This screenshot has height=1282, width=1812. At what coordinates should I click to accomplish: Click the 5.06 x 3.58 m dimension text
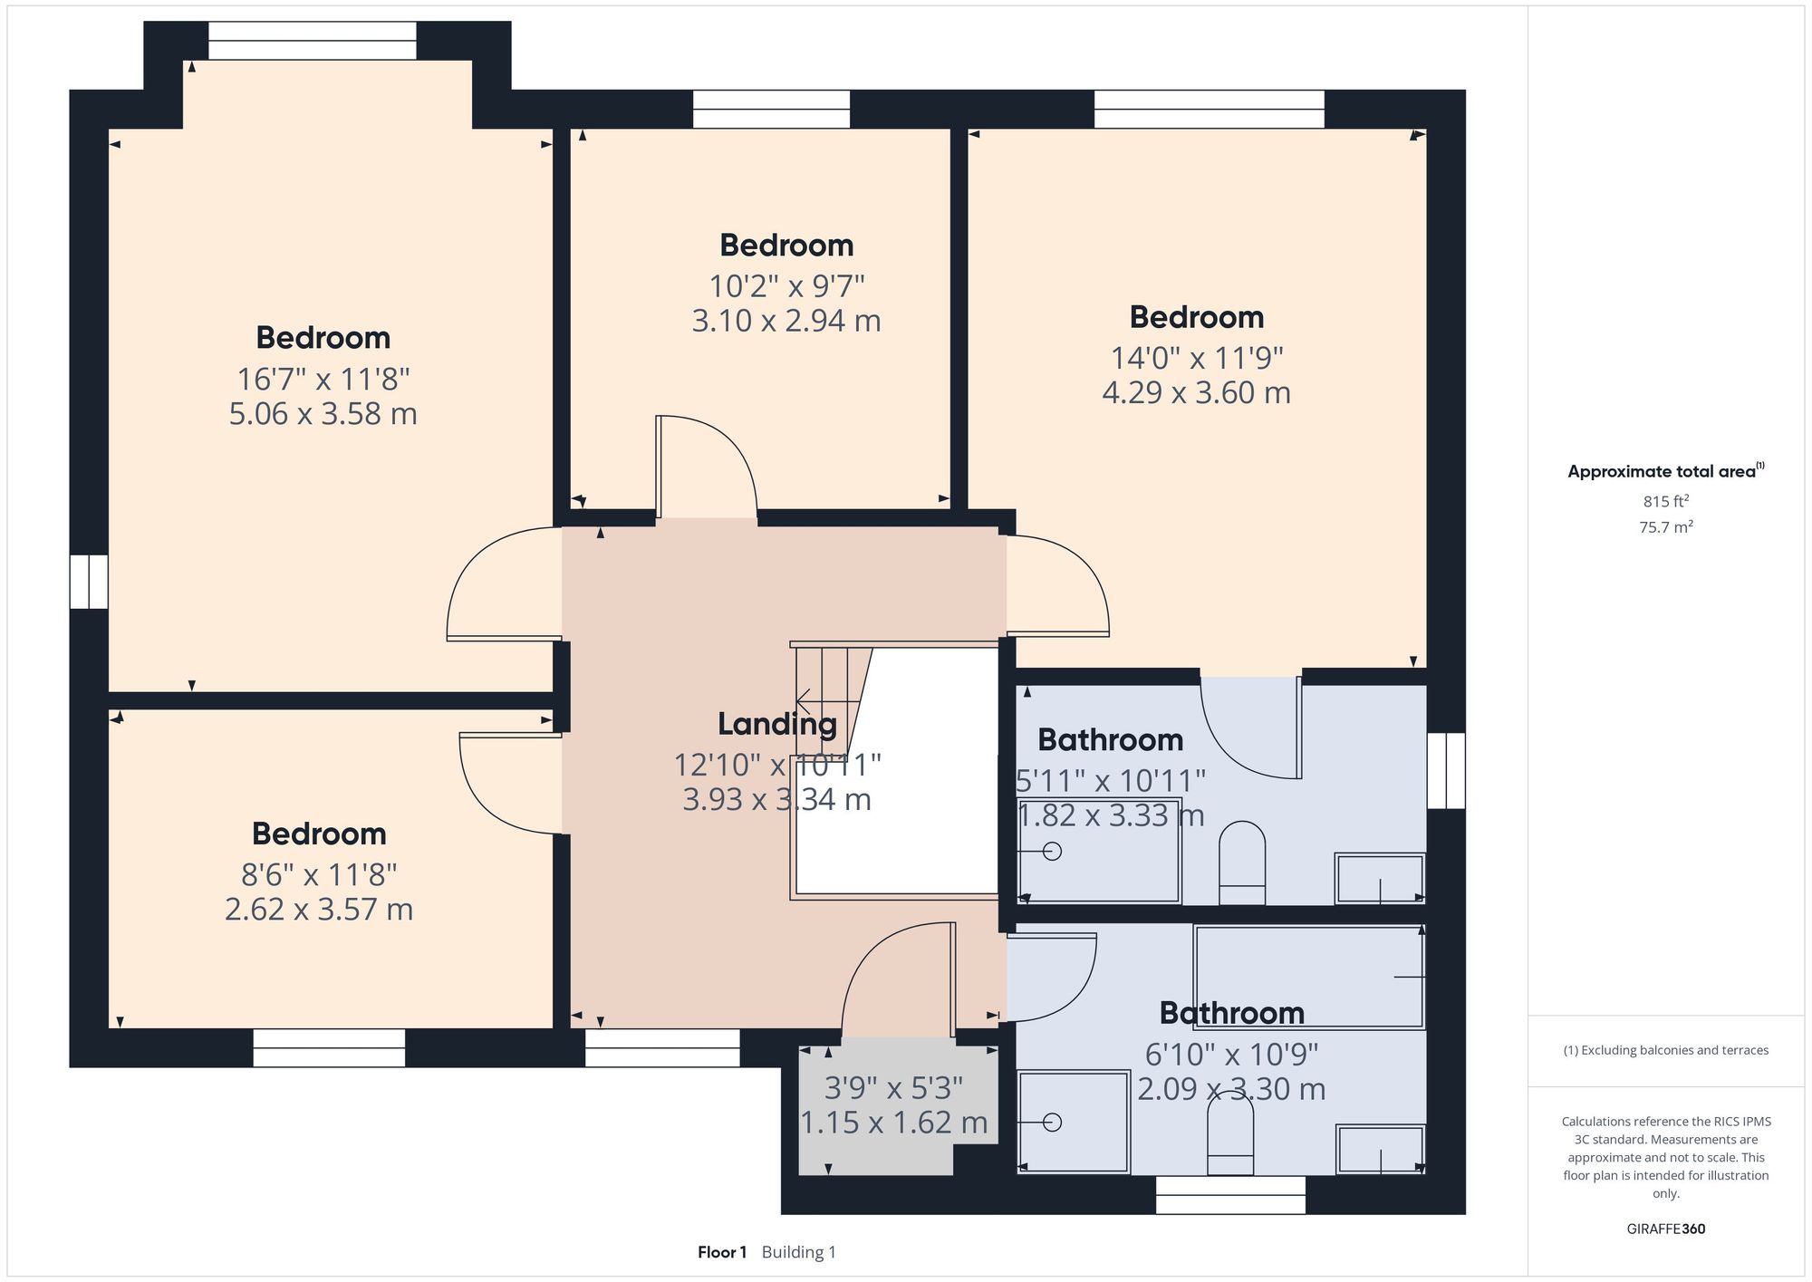click(323, 414)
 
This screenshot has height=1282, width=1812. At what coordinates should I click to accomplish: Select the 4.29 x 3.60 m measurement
click(1196, 393)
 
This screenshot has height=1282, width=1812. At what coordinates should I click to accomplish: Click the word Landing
click(776, 724)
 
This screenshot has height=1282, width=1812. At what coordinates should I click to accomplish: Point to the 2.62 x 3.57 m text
click(319, 909)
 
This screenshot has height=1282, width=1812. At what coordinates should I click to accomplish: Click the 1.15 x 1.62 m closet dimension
click(893, 1123)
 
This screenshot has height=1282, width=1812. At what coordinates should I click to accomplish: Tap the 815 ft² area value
click(1665, 501)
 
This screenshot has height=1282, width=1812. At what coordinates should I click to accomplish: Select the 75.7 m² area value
click(1665, 527)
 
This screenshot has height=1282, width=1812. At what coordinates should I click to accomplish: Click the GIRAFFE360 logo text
click(1665, 1229)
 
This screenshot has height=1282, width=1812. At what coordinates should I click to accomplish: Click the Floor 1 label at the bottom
click(721, 1252)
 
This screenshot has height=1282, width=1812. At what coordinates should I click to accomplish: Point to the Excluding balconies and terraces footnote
click(1665, 1050)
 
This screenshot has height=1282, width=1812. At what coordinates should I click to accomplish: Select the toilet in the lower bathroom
click(1230, 1137)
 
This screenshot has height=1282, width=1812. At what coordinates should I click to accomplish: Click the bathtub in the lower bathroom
click(1308, 977)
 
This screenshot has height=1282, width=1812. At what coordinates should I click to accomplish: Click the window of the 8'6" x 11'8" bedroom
click(329, 1047)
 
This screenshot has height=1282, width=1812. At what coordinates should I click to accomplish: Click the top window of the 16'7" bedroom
click(312, 41)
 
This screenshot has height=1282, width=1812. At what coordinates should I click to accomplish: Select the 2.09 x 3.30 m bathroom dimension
click(1230, 1089)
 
